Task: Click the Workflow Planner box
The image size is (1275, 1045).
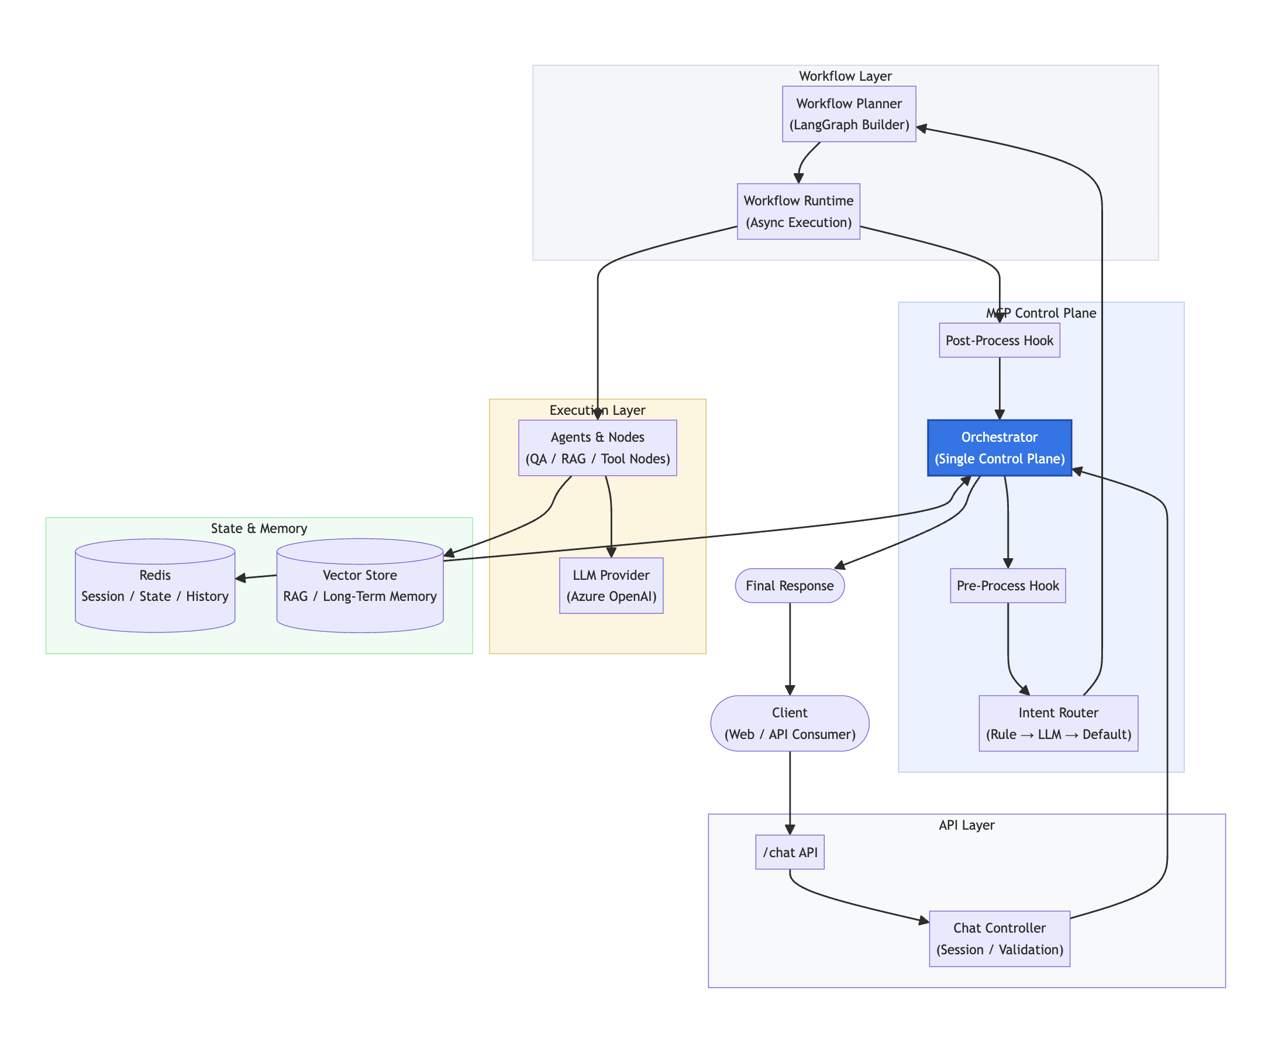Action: pos(849,114)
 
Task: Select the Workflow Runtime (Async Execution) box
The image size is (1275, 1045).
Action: pos(798,211)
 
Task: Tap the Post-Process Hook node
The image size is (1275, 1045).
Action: pos(999,340)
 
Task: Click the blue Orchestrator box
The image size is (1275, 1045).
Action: pos(999,447)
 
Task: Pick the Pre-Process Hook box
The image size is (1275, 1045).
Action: pos(1007,585)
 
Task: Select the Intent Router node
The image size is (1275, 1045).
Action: pos(1058,723)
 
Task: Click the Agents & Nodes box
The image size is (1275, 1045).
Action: pos(597,447)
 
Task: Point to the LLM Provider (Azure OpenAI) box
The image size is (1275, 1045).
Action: pos(611,585)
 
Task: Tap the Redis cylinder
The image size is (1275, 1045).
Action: pos(154,586)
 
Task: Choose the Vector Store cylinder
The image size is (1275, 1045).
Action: pos(360,586)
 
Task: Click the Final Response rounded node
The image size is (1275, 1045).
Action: pos(790,585)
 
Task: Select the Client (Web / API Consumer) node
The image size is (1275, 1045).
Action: pos(790,723)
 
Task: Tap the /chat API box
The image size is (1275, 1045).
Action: pos(790,852)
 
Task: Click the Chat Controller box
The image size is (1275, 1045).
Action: pos(999,939)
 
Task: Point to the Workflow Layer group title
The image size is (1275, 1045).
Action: pos(845,76)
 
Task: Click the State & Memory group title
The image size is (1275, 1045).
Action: pos(259,528)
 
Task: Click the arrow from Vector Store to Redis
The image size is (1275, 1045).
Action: pos(256,577)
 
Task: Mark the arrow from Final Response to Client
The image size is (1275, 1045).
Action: pos(790,649)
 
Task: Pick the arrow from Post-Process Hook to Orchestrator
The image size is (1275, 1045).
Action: pos(999,388)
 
